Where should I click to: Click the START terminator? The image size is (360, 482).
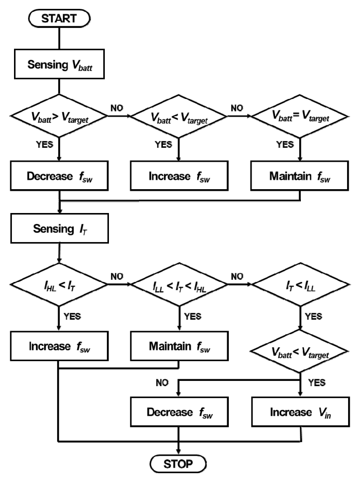tap(59, 19)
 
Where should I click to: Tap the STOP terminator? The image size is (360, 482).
tap(178, 464)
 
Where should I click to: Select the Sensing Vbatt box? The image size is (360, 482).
tap(59, 64)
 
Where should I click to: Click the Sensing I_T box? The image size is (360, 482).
tap(60, 229)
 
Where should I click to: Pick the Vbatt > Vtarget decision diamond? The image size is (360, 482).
tap(59, 116)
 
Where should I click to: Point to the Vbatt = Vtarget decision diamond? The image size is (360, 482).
tap(300, 117)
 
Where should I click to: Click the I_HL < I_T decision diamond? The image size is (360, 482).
tap(59, 285)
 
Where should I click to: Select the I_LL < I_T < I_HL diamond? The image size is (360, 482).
tap(179, 285)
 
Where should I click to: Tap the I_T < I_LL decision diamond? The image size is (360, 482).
tap(301, 285)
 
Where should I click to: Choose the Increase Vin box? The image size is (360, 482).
tap(301, 412)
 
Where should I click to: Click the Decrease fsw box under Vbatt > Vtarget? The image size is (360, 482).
tap(59, 176)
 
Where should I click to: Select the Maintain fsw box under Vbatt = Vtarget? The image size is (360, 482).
tap(300, 176)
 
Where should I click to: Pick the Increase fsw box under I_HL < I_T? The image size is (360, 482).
tap(59, 346)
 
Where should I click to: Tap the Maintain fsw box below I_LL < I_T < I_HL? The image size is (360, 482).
tap(179, 346)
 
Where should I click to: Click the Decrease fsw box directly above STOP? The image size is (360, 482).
tap(179, 412)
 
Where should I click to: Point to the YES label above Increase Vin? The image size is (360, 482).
tap(316, 382)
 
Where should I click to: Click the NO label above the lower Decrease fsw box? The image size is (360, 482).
tap(162, 382)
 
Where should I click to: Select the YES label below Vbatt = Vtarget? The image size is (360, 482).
tap(285, 145)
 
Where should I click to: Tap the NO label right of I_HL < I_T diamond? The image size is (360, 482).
tap(117, 277)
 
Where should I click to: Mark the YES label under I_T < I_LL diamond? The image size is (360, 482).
tap(313, 316)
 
